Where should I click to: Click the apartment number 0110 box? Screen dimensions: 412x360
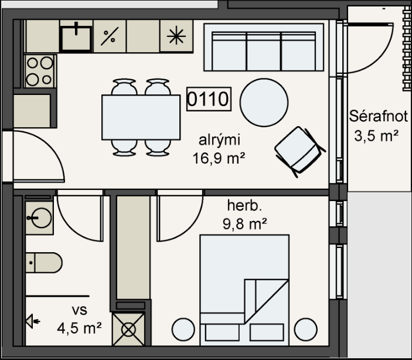point(209,99)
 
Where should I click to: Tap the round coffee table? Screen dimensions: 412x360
point(264,102)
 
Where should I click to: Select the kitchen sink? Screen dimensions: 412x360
point(76,38)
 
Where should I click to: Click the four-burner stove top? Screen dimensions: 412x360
point(40,71)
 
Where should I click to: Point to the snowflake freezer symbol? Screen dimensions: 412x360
point(176,36)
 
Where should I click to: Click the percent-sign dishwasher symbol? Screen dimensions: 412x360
point(110,36)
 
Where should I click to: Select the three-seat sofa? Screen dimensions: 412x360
point(264,47)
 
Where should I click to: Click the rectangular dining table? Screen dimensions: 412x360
point(141,117)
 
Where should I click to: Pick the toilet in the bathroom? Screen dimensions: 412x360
point(43,263)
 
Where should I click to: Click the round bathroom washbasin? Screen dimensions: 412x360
point(40,218)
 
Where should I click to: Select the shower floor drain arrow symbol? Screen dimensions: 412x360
point(33,321)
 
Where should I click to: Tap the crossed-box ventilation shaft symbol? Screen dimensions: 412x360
point(128,330)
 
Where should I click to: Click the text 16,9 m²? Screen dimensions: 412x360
point(219,158)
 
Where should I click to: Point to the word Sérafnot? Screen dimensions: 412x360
point(378,116)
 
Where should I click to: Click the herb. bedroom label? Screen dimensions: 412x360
point(244,205)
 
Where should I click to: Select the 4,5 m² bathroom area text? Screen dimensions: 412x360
point(79,328)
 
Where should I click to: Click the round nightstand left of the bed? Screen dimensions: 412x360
point(183,330)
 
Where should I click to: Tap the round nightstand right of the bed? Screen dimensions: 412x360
point(305,330)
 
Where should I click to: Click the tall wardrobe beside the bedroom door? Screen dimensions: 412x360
point(133,247)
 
